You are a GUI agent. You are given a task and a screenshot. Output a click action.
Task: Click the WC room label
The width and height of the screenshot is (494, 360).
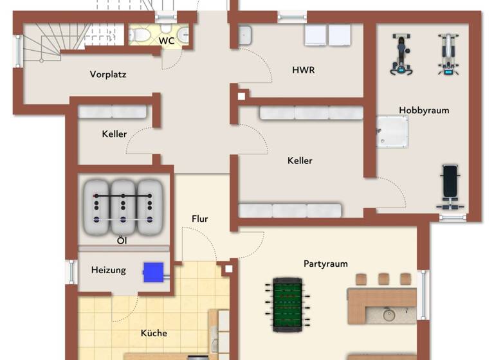(167, 41)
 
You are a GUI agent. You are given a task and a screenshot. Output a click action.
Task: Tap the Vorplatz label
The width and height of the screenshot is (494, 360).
(108, 75)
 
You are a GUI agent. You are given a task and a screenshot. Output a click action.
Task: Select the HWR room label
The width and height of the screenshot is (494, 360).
(304, 69)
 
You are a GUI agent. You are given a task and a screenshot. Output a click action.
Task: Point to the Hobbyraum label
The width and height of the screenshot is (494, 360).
(424, 111)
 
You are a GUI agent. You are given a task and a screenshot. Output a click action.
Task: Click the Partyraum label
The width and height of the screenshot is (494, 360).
(325, 264)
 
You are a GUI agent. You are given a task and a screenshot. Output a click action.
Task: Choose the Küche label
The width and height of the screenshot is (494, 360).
(154, 333)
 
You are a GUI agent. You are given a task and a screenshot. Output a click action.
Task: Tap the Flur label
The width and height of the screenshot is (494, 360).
(200, 219)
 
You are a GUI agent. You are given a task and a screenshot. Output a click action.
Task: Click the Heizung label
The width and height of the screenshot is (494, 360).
(108, 270)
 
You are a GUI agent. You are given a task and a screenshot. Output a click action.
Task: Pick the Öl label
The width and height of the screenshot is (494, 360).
(121, 241)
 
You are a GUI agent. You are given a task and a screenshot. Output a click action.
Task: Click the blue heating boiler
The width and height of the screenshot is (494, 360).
(153, 272)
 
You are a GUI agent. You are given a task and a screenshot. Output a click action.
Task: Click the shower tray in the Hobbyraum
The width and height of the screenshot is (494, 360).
(392, 131)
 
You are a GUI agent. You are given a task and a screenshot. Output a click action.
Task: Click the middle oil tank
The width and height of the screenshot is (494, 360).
(123, 206)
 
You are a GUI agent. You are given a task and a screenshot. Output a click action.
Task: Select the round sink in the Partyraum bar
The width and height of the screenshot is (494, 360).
(389, 315)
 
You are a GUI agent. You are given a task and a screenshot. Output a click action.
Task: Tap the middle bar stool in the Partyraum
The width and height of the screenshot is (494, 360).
(383, 279)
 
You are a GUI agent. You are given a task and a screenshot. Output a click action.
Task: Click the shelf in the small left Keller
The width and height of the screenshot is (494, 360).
(113, 112)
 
